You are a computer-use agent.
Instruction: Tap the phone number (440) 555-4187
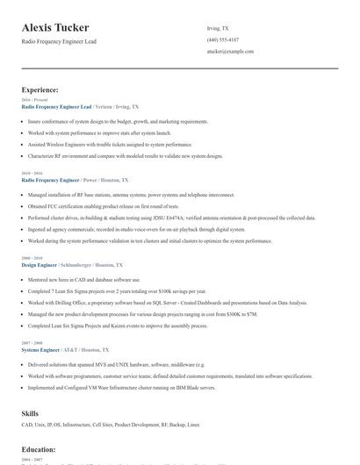[x=223, y=39]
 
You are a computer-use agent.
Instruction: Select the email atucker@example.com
[x=230, y=51]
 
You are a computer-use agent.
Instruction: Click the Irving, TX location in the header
[x=217, y=27]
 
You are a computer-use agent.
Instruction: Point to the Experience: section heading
[x=40, y=89]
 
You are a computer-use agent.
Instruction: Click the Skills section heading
[x=31, y=412]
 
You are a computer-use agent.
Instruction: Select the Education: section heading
[x=39, y=449]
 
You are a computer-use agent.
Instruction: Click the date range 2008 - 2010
[x=31, y=258]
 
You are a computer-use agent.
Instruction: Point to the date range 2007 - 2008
[x=31, y=342]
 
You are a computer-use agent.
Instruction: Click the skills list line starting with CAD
[x=111, y=426]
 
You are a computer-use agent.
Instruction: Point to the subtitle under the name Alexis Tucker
[x=59, y=41]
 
